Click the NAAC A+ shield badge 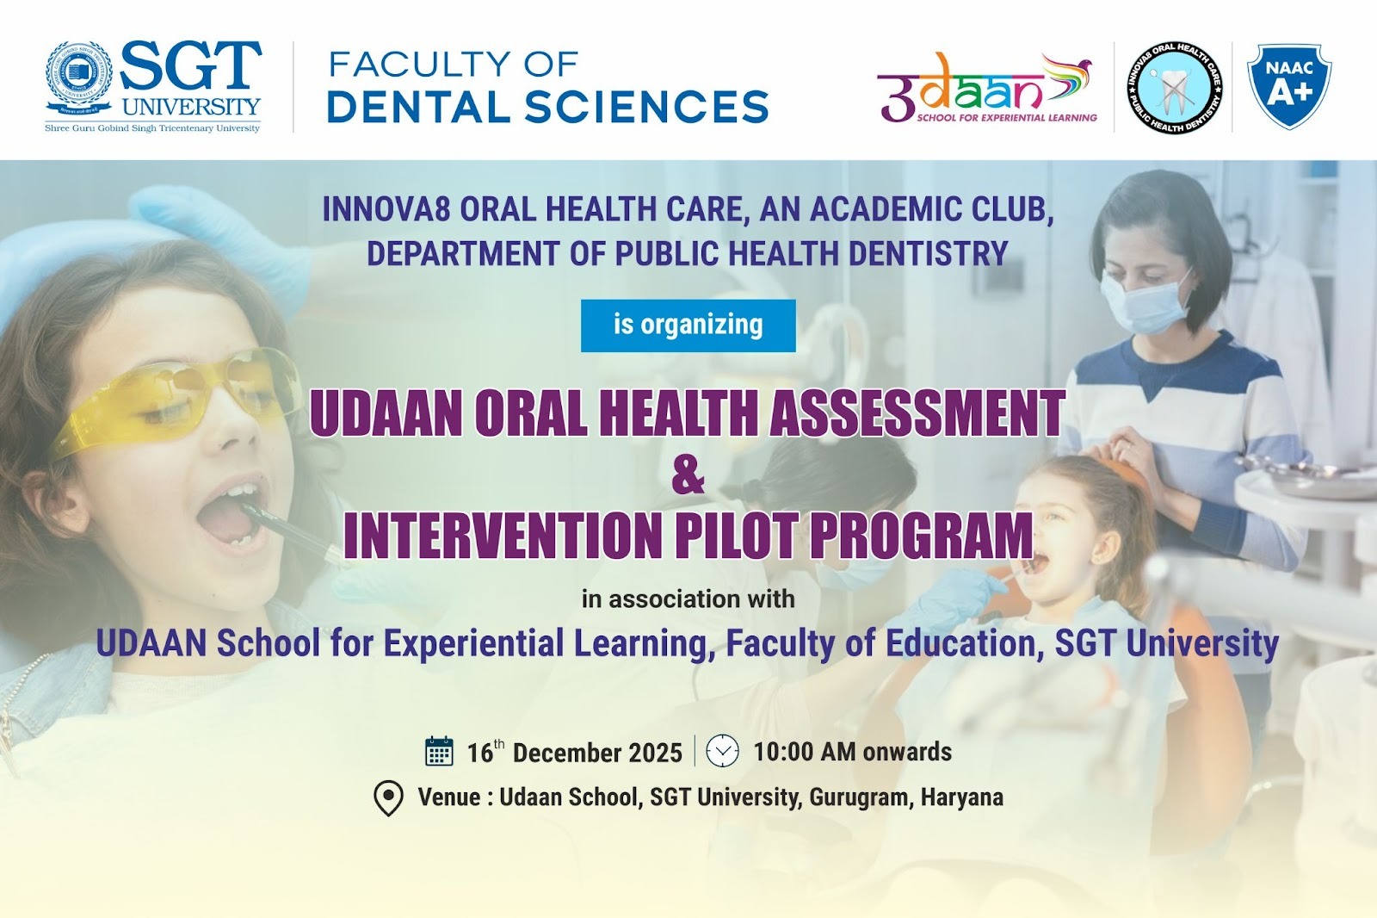[x=1289, y=86]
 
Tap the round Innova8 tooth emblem [x=1175, y=88]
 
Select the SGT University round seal [x=78, y=77]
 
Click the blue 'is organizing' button [x=688, y=326]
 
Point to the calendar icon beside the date [x=439, y=751]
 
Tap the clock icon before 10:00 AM [x=722, y=751]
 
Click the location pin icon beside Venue [x=388, y=798]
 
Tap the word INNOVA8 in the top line [x=386, y=209]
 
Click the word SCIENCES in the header [x=646, y=107]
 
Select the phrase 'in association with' [x=688, y=599]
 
